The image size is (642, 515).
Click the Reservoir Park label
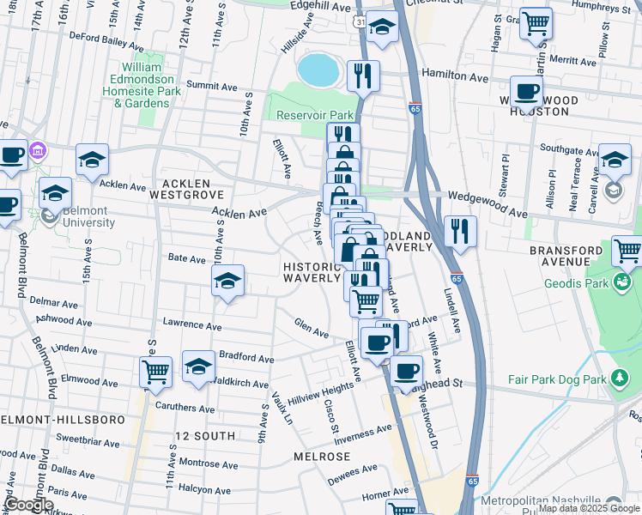click(315, 115)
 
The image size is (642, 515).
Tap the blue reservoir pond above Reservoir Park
click(317, 70)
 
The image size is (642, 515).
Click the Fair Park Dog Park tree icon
click(617, 379)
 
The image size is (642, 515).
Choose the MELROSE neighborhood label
click(322, 457)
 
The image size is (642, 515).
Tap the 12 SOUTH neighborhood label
click(204, 436)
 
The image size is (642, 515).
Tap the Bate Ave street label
click(186, 257)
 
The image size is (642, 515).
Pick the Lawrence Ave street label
click(192, 324)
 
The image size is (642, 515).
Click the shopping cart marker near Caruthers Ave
click(155, 371)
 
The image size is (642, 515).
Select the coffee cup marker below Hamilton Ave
click(526, 90)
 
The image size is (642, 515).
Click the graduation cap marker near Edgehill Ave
click(382, 27)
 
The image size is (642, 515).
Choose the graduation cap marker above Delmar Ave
click(228, 280)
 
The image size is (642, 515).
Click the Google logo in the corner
click(28, 505)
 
